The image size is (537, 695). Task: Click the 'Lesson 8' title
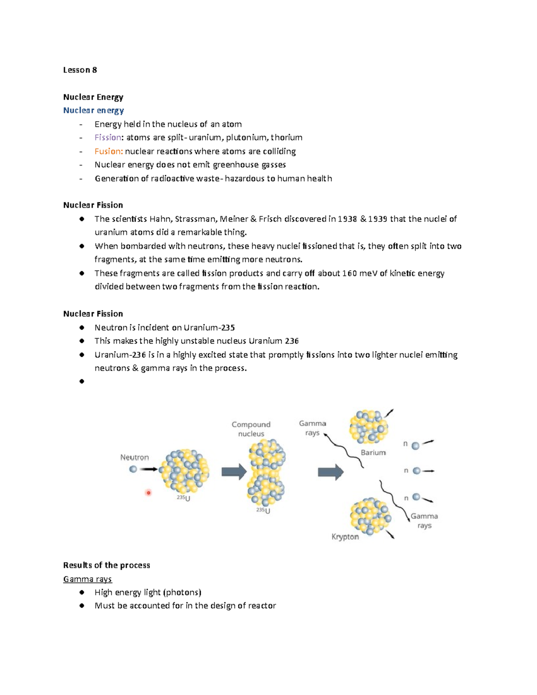[x=80, y=70]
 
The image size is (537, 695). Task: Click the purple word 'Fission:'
[x=108, y=137]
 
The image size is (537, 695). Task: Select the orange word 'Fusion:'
[x=108, y=151]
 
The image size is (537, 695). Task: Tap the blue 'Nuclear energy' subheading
[x=93, y=111]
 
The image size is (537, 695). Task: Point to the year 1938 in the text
[x=347, y=219]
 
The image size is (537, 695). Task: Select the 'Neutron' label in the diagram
[x=134, y=457]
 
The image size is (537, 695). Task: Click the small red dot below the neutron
[x=149, y=493]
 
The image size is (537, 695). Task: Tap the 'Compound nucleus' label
[x=251, y=429]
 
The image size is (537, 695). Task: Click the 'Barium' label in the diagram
[x=373, y=452]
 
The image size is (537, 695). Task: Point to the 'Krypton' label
[x=345, y=537]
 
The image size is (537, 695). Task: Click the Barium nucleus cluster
[x=369, y=426]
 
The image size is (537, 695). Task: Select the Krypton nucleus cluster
[x=370, y=516]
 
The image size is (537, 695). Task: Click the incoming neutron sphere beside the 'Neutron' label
[x=133, y=469]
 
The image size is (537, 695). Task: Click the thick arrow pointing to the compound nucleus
[x=234, y=472]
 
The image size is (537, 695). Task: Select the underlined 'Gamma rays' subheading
[x=87, y=579]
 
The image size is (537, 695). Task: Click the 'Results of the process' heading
[x=107, y=565]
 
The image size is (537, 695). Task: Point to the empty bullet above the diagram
[x=81, y=381]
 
